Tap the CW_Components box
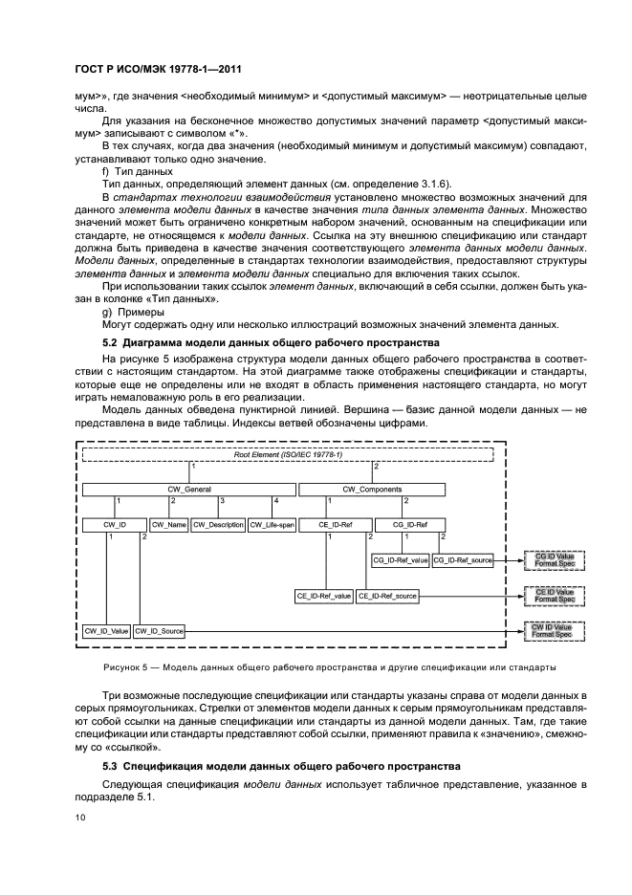(372, 490)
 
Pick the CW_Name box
(169, 525)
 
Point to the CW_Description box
(218, 525)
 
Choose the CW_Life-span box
(272, 525)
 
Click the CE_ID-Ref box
(336, 525)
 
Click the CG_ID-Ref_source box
(463, 560)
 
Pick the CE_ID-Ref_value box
(324, 596)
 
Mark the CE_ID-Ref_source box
(387, 596)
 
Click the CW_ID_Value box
(105, 631)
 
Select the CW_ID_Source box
(159, 631)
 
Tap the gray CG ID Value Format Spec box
(553, 559)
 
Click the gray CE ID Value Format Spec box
(553, 596)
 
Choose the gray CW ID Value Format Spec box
(553, 631)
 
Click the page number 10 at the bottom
(80, 819)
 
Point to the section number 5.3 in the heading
(111, 768)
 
